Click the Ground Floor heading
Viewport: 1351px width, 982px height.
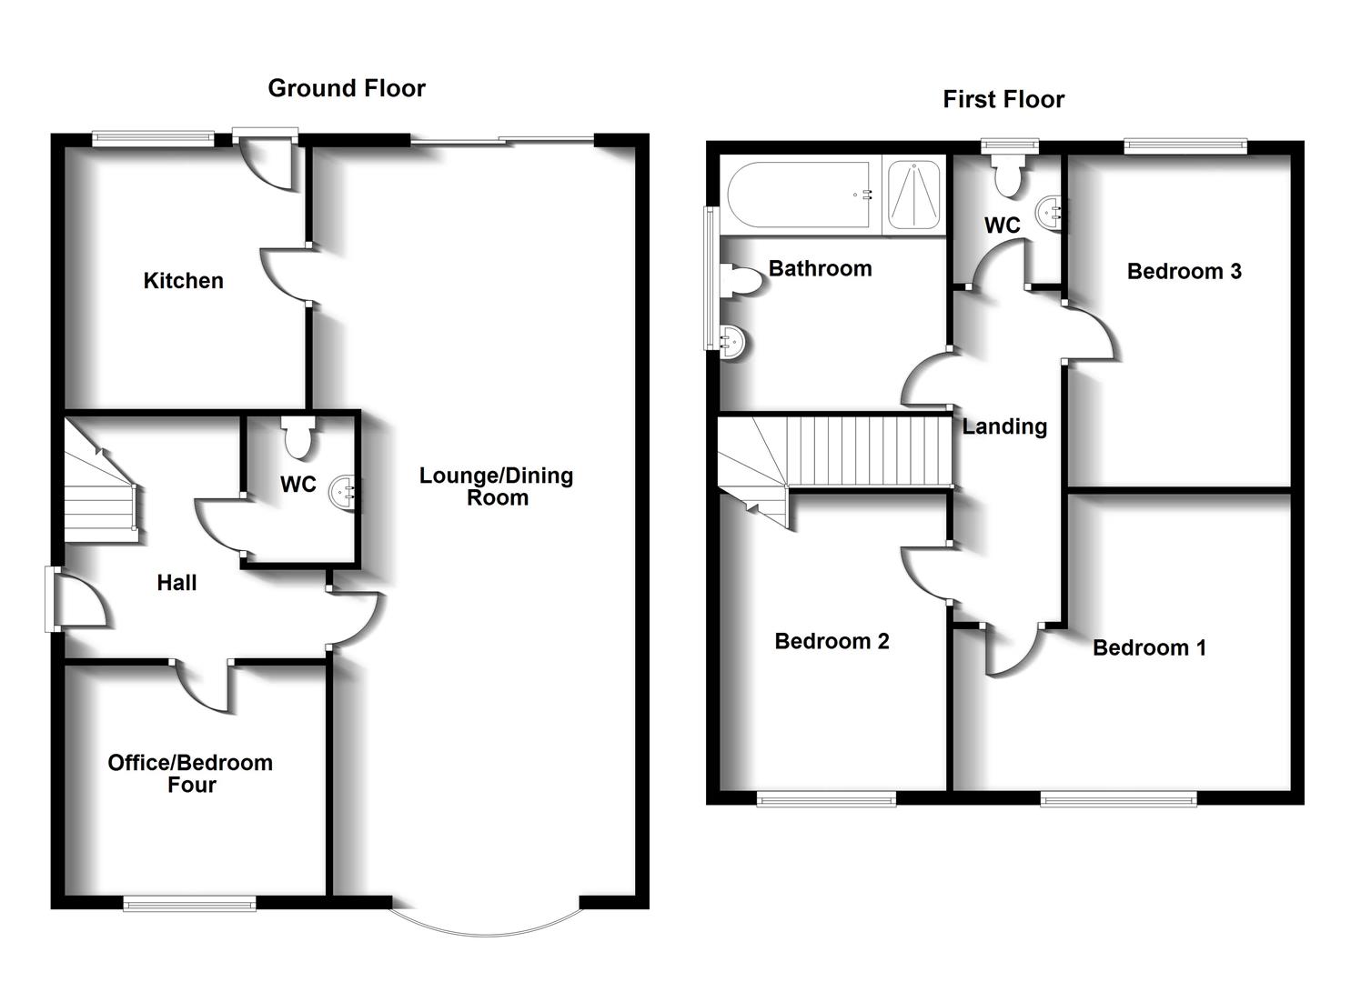pos(346,88)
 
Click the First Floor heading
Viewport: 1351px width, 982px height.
pos(1003,99)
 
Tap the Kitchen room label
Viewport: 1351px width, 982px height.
pos(183,281)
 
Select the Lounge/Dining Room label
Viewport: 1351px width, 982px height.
pos(496,486)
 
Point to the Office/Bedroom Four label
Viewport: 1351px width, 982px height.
pos(190,774)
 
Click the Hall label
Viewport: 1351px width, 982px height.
pos(176,583)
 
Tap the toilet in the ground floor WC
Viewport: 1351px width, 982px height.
pos(297,437)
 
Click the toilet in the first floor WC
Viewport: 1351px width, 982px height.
pos(1009,175)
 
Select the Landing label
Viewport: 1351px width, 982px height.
pos(1004,426)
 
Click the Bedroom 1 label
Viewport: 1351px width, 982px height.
pos(1149,647)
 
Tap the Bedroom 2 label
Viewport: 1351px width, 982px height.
pos(832,641)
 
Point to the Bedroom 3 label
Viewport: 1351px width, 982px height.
pos(1184,271)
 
